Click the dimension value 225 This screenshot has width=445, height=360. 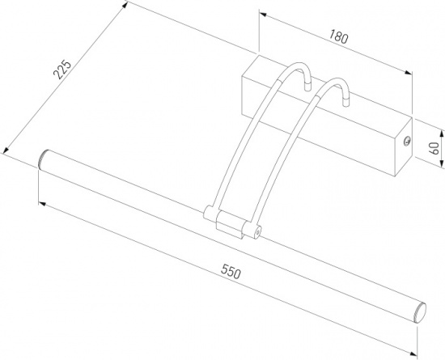click(62, 70)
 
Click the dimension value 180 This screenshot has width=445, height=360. click(338, 37)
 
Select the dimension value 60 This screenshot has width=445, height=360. click(434, 148)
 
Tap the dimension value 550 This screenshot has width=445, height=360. click(231, 271)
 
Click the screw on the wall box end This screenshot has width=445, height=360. click(407, 141)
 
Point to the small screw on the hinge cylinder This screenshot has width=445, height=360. click(257, 232)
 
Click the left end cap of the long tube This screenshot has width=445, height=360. click(43, 159)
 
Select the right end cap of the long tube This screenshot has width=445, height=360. click(420, 312)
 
